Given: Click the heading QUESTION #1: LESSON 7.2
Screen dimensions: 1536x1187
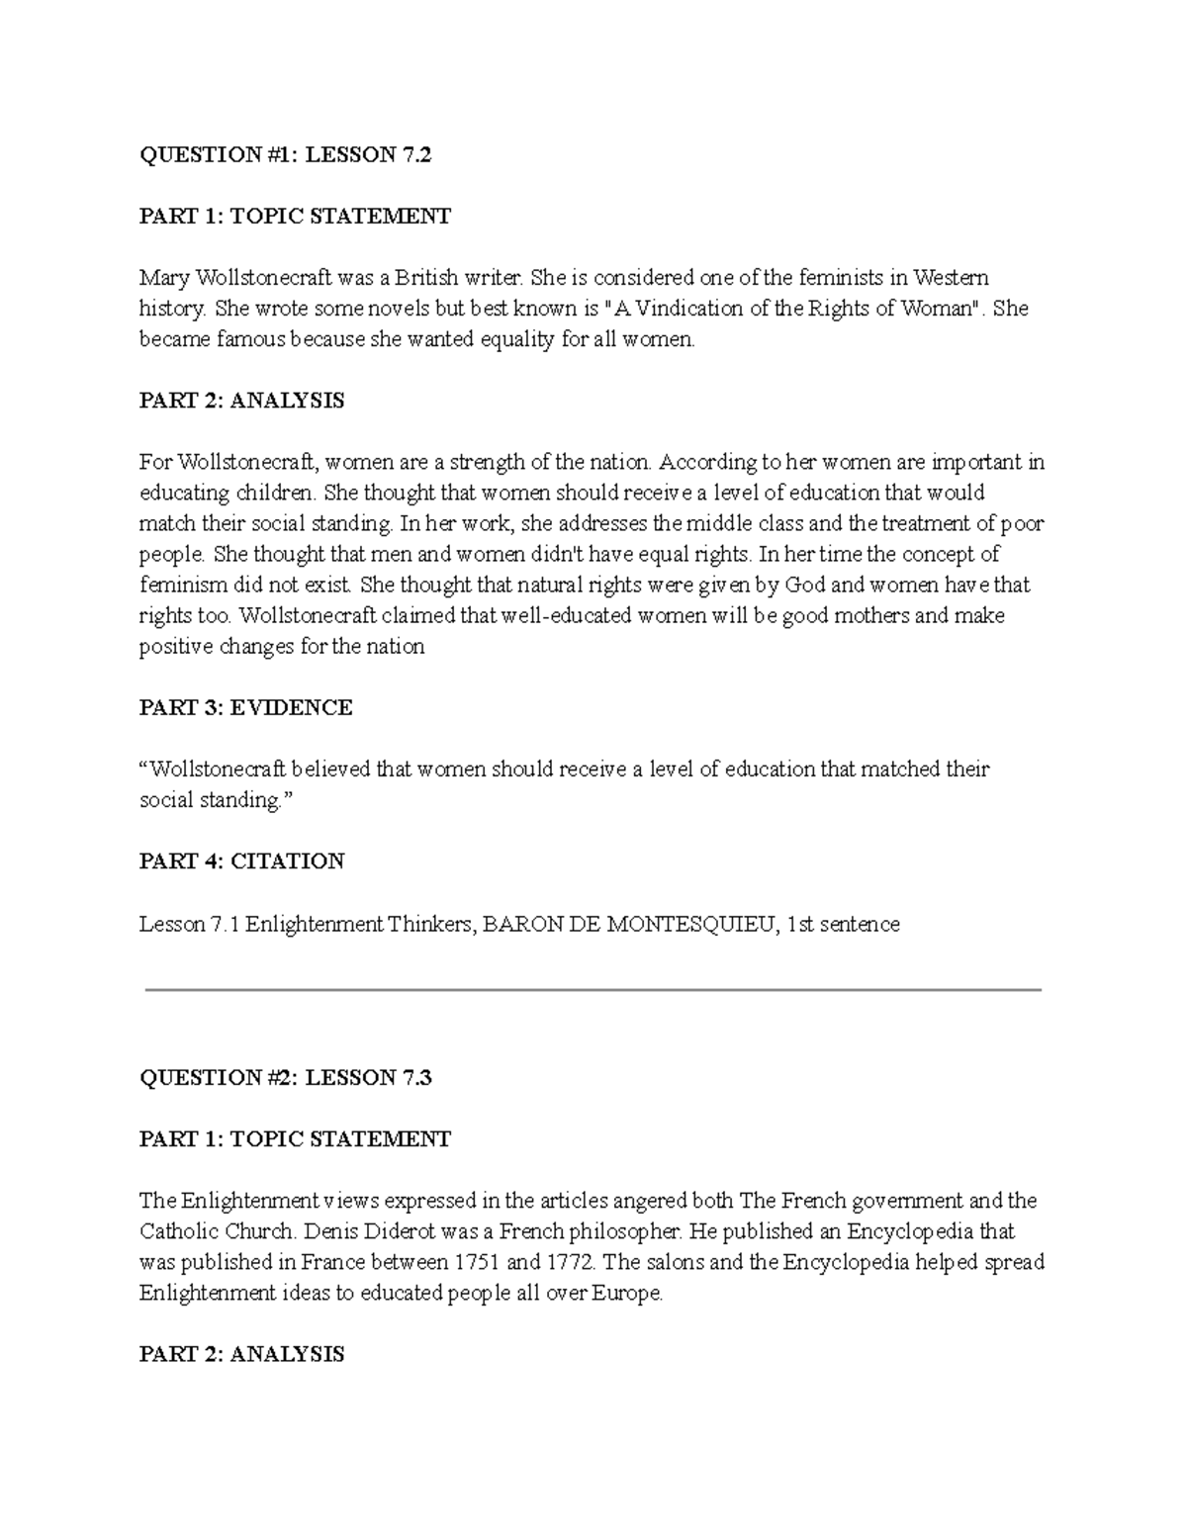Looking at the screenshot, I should (285, 154).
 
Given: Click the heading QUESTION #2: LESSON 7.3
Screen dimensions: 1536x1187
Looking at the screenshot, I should (285, 1077).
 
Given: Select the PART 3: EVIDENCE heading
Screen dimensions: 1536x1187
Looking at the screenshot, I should (245, 707).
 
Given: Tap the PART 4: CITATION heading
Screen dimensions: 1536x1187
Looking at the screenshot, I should (241, 860).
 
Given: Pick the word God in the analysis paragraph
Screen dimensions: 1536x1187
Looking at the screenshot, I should (805, 585).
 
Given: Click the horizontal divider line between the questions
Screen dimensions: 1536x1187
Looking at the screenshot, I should (593, 989).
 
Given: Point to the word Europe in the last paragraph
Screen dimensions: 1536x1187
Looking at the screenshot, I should (625, 1293).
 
